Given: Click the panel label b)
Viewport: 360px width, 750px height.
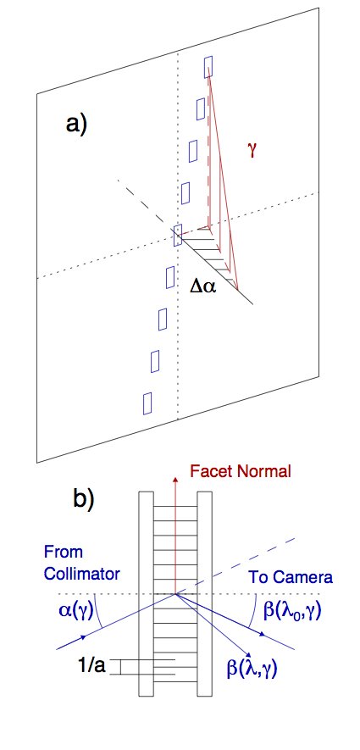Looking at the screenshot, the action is click(84, 499).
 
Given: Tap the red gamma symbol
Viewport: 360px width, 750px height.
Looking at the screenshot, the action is click(253, 151).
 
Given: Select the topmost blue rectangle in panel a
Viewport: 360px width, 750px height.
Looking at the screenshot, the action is click(208, 66).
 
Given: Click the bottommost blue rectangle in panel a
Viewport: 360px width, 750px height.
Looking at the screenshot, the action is click(147, 403).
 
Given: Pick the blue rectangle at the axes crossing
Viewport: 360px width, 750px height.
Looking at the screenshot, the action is click(178, 236).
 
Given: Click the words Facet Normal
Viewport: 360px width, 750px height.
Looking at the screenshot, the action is click(240, 472).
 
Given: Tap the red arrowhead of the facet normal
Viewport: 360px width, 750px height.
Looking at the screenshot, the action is click(176, 481).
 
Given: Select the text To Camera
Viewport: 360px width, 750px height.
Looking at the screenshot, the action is click(291, 577).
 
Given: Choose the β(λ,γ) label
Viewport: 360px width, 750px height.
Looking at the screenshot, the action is click(253, 666).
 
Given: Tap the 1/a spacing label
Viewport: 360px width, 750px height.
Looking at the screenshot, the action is click(92, 666).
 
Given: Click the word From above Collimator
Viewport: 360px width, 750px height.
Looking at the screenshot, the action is click(64, 552).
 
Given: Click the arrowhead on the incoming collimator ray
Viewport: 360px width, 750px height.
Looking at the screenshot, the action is click(84, 637).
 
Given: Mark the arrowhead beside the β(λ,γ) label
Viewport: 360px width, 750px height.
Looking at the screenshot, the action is click(248, 656).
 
